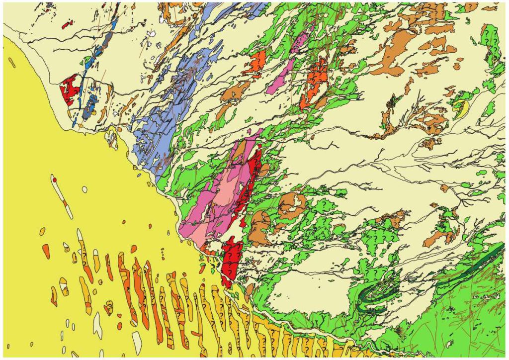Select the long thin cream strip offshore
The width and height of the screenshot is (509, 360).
[62, 196]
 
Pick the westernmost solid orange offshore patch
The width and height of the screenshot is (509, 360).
[46, 251]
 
